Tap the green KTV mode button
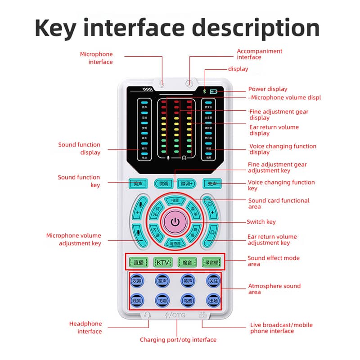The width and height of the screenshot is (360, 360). tap(163, 262)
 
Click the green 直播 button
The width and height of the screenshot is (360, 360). tap(138, 262)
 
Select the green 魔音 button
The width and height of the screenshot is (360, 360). tap(187, 262)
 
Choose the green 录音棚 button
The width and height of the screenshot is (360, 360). tap(212, 262)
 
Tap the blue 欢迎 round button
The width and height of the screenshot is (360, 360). tap(137, 281)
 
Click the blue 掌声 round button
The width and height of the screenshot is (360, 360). tap(162, 281)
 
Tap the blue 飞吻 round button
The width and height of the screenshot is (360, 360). tap(162, 300)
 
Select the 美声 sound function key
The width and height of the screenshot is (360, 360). tap(138, 184)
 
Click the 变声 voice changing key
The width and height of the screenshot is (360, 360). tap(212, 184)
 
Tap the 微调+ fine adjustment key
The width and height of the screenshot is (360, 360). tap(187, 184)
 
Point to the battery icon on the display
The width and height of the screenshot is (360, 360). tap(213, 91)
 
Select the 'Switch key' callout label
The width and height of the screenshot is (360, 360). tap(261, 222)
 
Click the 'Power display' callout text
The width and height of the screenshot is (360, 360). tap(268, 89)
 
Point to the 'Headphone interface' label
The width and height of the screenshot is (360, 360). tap(85, 328)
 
